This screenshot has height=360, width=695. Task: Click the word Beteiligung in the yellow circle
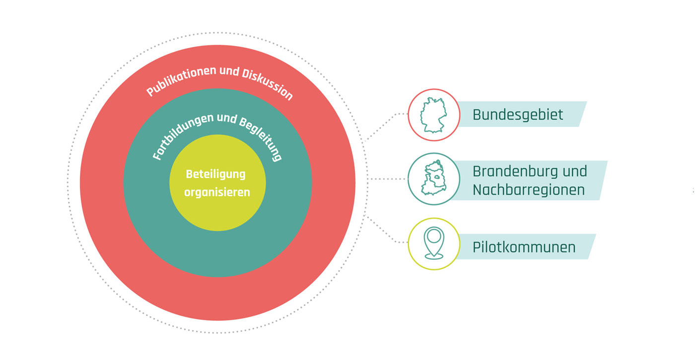(216, 174)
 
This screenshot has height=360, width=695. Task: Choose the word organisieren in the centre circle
(217, 192)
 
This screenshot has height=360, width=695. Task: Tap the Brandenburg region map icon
(433, 179)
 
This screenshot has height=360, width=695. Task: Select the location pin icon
(433, 243)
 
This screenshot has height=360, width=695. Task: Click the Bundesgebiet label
(517, 115)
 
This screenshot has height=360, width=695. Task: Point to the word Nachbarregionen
(528, 190)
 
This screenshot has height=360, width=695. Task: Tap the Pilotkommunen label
(524, 247)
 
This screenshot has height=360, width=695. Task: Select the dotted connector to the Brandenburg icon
(388, 179)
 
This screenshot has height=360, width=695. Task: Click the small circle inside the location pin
(434, 236)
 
